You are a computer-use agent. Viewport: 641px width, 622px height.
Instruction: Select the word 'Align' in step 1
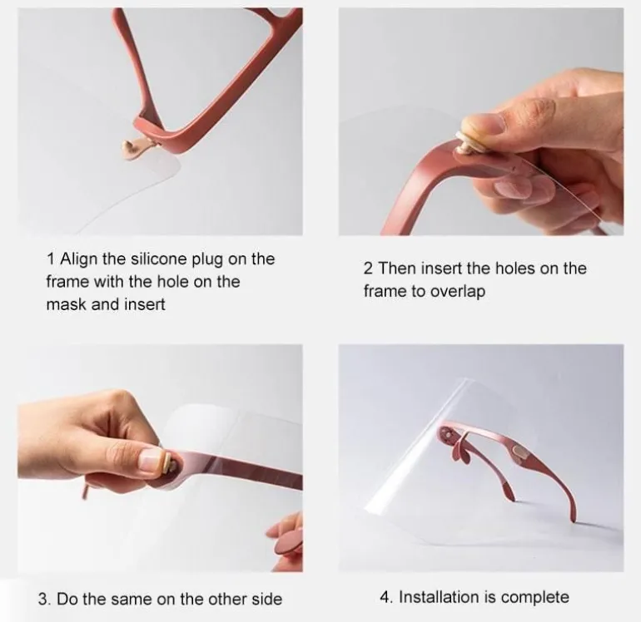[79, 259]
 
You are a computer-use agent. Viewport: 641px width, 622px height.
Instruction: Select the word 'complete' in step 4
[535, 598]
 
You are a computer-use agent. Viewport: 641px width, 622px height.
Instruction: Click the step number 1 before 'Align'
[51, 259]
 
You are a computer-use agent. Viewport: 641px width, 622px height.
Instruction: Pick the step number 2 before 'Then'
[368, 269]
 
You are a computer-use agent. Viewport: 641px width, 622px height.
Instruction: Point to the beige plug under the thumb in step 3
[168, 463]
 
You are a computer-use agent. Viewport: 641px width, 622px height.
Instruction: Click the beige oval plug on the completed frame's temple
[519, 452]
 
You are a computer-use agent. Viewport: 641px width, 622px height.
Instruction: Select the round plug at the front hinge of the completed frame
[445, 432]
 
